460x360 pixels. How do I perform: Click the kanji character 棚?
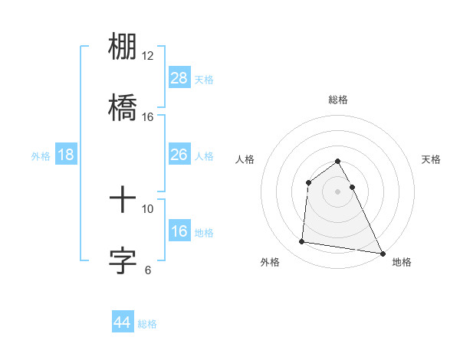click(x=123, y=47)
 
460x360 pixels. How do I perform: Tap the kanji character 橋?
click(x=123, y=106)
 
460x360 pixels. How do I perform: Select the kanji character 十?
click(x=123, y=200)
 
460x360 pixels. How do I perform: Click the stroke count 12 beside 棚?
click(x=148, y=56)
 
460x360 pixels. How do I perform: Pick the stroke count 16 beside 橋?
click(x=148, y=116)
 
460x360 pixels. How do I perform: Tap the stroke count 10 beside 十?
click(x=148, y=208)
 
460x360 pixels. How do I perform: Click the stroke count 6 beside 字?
click(x=148, y=270)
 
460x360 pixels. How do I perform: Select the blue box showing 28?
click(x=179, y=78)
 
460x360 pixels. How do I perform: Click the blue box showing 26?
click(x=179, y=155)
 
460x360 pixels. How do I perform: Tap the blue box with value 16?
click(x=179, y=231)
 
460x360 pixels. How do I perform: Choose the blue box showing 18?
click(x=66, y=155)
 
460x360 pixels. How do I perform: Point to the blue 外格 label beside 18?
click(x=41, y=156)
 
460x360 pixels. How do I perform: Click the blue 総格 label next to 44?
click(x=148, y=324)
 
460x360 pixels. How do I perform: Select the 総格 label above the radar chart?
click(x=338, y=100)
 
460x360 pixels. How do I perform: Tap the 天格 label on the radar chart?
click(x=432, y=159)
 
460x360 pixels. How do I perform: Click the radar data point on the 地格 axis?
click(x=383, y=254)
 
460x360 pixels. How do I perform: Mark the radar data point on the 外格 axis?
click(x=302, y=242)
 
